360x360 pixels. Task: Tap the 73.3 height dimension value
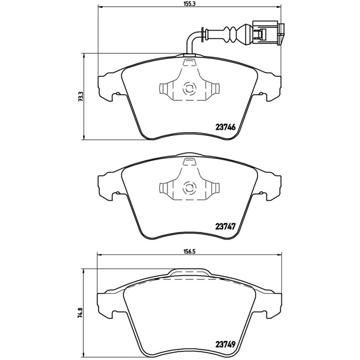(80, 97)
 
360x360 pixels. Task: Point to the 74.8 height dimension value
(80, 313)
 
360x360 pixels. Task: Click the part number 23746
(225, 127)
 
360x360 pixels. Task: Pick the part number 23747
(225, 227)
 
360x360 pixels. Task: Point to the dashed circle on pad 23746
(190, 88)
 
